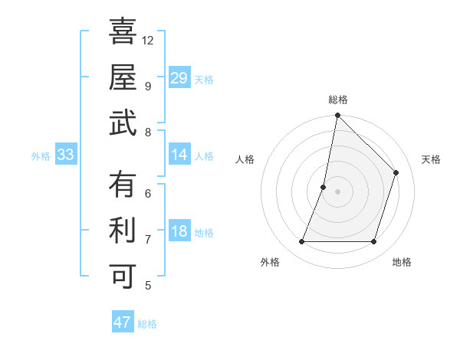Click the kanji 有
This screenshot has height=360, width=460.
123,185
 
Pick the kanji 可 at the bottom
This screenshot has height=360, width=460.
123,275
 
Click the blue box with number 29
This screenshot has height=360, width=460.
179,78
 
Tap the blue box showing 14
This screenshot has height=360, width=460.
179,155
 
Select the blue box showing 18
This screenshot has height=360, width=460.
179,232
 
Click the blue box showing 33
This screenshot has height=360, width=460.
66,155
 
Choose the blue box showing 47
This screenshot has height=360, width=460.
123,322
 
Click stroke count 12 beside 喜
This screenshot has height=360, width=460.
148,40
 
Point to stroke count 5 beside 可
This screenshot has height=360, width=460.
148,286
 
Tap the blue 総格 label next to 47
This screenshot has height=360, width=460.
147,324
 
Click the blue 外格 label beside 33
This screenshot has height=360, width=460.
41,156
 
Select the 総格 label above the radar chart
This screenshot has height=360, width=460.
338,100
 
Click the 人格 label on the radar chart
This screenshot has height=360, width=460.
245,159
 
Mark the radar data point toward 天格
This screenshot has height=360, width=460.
396,172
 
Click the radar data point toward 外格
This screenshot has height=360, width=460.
302,242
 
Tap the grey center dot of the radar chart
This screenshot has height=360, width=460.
337,191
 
